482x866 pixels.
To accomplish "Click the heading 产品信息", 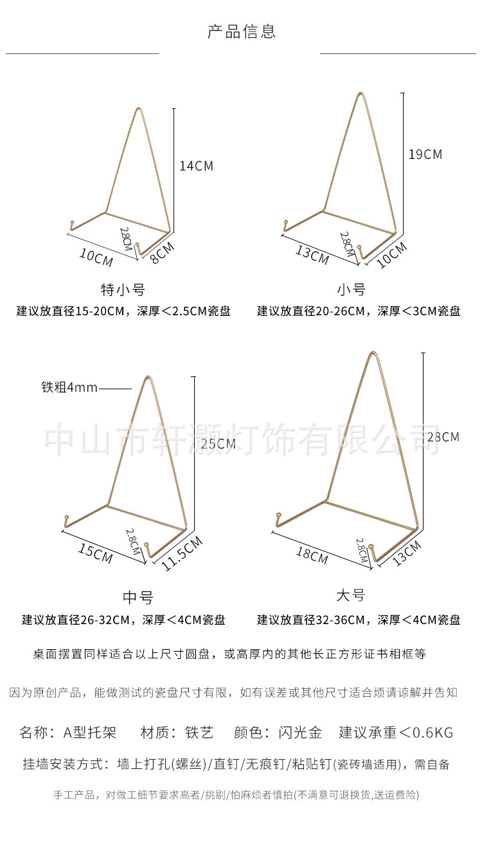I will pyautogui.click(x=241, y=31).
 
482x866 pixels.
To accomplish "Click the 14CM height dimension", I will pyautogui.click(x=196, y=166).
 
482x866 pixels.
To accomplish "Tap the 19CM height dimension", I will pyautogui.click(x=425, y=154).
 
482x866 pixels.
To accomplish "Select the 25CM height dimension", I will pyautogui.click(x=218, y=443).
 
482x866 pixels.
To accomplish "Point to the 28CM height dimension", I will pyautogui.click(x=443, y=437).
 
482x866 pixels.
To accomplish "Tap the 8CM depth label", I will pyautogui.click(x=162, y=253).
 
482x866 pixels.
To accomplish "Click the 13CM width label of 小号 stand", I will pyautogui.click(x=312, y=255).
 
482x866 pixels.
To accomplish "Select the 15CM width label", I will pyautogui.click(x=95, y=553).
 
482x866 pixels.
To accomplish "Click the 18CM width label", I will pyautogui.click(x=312, y=555).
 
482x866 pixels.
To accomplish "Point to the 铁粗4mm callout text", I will pyautogui.click(x=69, y=387).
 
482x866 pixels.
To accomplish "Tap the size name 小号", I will pyautogui.click(x=351, y=290).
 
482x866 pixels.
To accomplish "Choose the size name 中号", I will pyautogui.click(x=138, y=597).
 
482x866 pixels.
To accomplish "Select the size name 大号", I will pyautogui.click(x=350, y=596).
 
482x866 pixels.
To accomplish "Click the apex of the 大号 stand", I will pyautogui.click(x=373, y=353).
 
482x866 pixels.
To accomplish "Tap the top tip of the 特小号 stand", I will pyautogui.click(x=138, y=109).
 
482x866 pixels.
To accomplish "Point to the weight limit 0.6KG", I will pyautogui.click(x=433, y=733).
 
